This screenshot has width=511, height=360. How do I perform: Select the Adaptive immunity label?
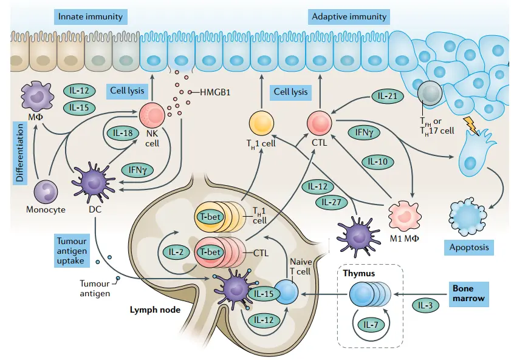click(x=349, y=16)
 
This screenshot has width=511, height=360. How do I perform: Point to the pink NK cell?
click(x=151, y=115)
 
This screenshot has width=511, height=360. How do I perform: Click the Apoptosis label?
click(x=469, y=248)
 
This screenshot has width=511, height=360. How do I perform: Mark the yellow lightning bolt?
click(x=471, y=126)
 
